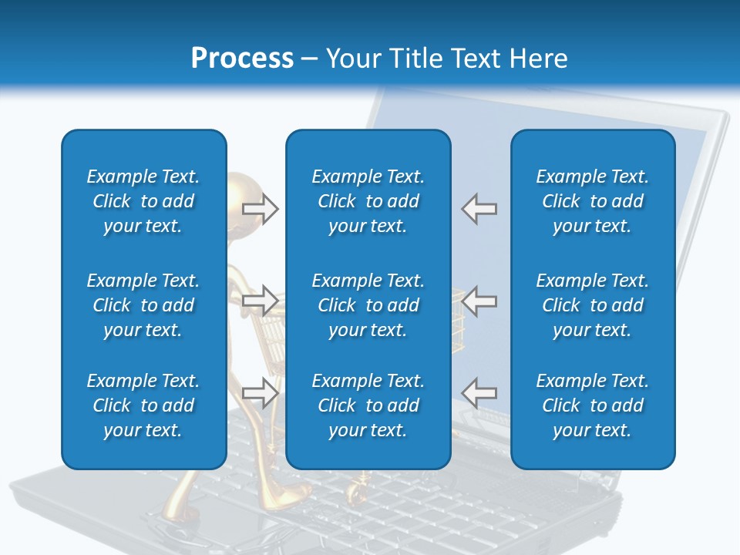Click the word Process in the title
[242, 59]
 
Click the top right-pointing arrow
[261, 209]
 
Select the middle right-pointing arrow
[261, 300]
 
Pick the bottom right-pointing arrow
[261, 392]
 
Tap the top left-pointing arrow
[479, 209]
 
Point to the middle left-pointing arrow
[479, 300]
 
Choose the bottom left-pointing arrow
[479, 392]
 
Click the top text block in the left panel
[143, 201]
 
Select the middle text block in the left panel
[143, 305]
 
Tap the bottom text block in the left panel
[143, 405]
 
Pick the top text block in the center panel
[368, 201]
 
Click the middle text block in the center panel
[368, 305]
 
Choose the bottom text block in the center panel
[368, 405]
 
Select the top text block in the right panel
[592, 201]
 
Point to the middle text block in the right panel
[592, 305]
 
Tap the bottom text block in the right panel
[592, 405]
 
